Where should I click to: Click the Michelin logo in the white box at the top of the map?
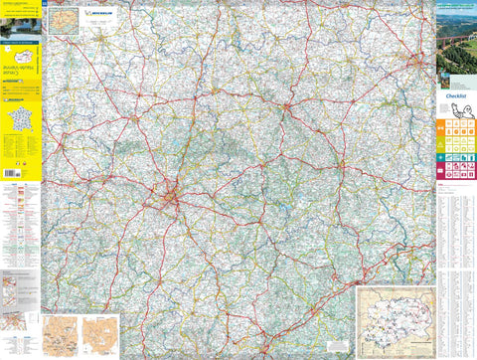pos(100,13)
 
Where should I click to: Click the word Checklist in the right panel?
pos(457,96)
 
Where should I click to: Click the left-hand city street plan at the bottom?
pos(59,335)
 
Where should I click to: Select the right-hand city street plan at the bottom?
pos(99,335)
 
